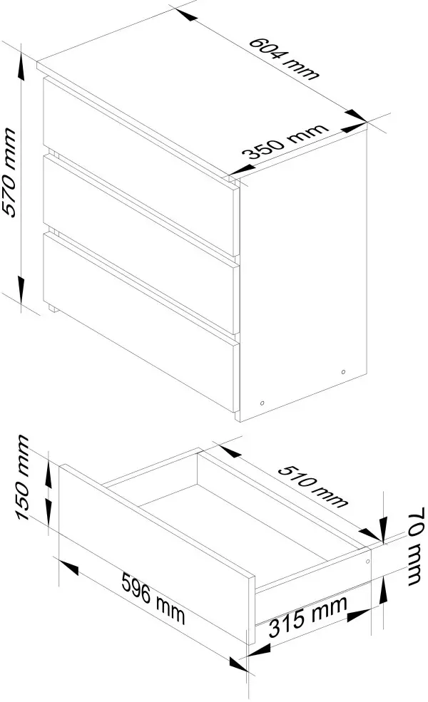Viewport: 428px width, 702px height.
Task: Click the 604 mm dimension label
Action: coord(284,58)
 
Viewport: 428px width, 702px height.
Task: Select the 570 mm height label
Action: coord(9,172)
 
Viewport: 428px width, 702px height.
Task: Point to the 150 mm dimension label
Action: coord(24,478)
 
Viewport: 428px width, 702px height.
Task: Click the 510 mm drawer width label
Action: coord(312,486)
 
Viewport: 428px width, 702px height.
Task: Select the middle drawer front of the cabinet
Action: coord(141,244)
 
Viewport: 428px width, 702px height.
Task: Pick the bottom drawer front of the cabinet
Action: coord(141,321)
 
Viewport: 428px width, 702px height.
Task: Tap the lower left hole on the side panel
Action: coord(263,403)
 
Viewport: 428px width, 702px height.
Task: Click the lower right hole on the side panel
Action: coord(343,372)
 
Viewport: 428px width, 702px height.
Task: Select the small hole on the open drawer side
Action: coord(368,561)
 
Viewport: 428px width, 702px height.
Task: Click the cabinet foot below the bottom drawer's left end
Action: coord(52,308)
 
